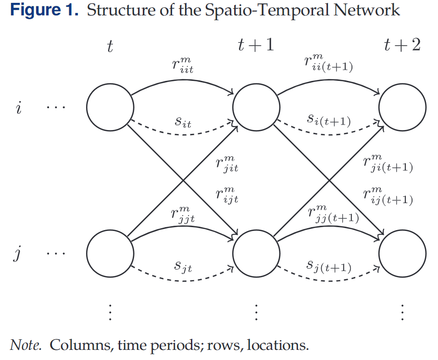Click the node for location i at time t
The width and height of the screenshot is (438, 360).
click(110, 107)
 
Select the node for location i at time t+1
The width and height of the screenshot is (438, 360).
click(256, 107)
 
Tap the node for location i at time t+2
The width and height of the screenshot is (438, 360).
click(402, 107)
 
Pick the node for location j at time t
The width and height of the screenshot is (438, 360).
click(110, 253)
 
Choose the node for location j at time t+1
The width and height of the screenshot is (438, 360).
click(256, 253)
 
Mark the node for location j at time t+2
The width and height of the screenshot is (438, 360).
click(402, 253)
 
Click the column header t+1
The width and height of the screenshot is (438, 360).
click(256, 45)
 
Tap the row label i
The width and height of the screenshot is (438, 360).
click(18, 107)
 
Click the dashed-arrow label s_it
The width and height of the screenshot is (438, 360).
click(183, 122)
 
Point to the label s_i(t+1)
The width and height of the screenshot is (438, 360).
click(329, 121)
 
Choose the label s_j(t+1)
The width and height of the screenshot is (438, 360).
click(329, 266)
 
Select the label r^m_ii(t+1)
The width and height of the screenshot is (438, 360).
click(329, 63)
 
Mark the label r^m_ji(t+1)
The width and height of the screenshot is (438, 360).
click(388, 164)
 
